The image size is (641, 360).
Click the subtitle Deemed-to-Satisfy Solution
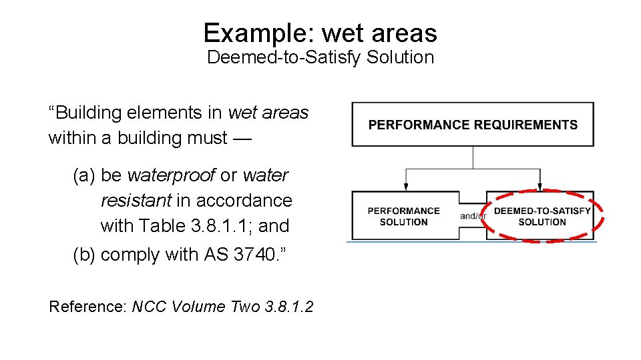coord(320,57)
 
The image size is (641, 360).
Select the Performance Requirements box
coord(473,125)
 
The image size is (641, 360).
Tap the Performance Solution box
coord(404,216)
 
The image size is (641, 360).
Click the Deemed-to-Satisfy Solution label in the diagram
coord(542,216)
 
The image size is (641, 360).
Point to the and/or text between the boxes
coord(472,216)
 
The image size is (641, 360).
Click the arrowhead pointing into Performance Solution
coord(406,187)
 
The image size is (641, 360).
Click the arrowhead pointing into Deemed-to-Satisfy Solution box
coord(540,187)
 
